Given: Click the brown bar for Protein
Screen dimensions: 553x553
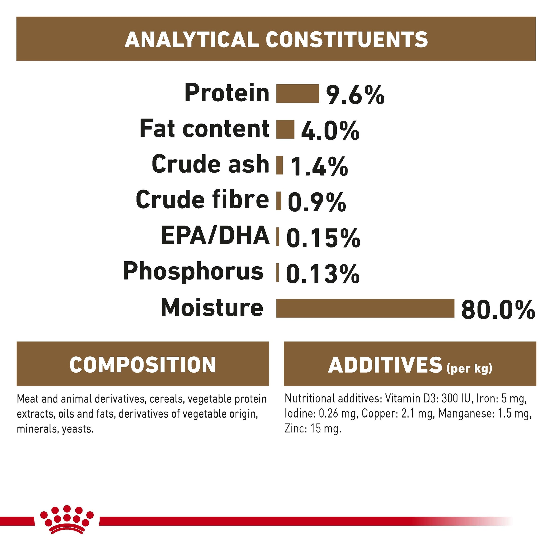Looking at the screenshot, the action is click(298, 94).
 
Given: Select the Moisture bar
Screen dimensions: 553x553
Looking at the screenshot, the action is click(365, 308).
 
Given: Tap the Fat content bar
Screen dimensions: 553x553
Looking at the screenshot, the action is click(285, 129).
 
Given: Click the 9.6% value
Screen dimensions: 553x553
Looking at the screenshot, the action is click(355, 95).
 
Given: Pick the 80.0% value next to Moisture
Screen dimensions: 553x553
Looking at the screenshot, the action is click(498, 309).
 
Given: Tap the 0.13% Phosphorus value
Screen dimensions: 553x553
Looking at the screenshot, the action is click(323, 274).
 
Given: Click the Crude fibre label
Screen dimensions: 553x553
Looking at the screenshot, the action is click(202, 200).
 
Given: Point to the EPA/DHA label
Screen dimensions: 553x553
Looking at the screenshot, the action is click(215, 235).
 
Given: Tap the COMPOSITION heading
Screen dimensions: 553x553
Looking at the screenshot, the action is click(143, 365).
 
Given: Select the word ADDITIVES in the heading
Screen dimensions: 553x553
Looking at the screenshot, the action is click(385, 365).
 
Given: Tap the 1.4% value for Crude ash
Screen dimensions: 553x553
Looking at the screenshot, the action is click(319, 166).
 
